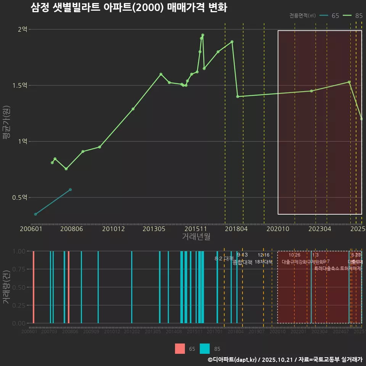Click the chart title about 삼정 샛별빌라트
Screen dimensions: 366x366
(129, 8)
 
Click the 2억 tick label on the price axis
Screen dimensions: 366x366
(22, 30)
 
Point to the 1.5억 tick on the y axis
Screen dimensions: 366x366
(20, 86)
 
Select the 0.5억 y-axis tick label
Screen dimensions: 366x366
(20, 198)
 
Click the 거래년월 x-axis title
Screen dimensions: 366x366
(196, 236)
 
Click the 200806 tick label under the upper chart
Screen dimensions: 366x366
(71, 229)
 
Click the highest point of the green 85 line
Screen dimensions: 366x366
(203, 35)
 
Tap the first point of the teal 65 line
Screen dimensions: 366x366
(35, 214)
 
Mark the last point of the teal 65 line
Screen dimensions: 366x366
(70, 189)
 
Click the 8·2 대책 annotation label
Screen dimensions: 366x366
(224, 258)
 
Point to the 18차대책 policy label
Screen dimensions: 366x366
(263, 262)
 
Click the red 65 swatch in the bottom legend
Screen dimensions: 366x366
(180, 349)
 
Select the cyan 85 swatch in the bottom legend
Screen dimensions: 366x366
(205, 349)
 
